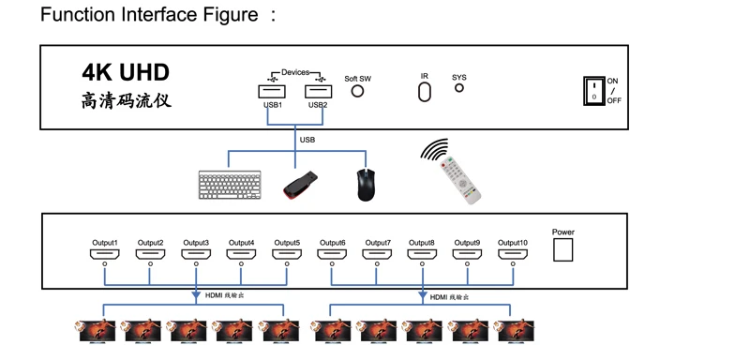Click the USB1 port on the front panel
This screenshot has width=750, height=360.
[x=272, y=91]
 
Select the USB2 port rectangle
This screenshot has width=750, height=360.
[x=318, y=91]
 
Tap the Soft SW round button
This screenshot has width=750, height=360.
[x=357, y=91]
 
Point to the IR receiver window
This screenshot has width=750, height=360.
[x=425, y=92]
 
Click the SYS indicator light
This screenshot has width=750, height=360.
[x=458, y=88]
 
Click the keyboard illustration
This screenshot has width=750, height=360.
[x=230, y=185]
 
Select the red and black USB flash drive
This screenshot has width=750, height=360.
[x=300, y=185]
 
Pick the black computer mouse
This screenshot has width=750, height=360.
[x=366, y=185]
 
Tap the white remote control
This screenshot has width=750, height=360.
[x=460, y=180]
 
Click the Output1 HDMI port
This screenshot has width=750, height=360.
[x=104, y=254]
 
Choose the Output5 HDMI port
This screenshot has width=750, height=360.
[x=287, y=254]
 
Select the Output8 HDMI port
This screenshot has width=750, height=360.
[x=423, y=254]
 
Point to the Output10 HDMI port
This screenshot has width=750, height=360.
[x=513, y=254]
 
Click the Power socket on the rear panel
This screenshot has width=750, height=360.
[x=563, y=249]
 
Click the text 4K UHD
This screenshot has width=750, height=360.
[x=126, y=73]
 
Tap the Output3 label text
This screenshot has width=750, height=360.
[x=196, y=243]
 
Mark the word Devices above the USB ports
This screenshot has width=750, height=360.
[x=295, y=72]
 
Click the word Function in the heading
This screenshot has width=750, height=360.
[x=78, y=14]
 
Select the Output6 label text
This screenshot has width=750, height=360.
[x=333, y=243]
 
